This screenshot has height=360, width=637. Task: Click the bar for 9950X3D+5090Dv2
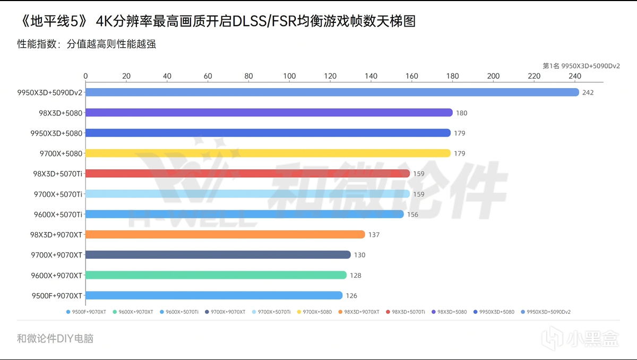pyautogui.click(x=332, y=92)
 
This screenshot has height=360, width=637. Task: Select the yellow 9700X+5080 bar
pyautogui.click(x=268, y=153)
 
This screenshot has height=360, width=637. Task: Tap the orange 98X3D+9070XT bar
pyautogui.click(x=225, y=235)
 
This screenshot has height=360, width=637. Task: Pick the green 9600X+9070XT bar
pyautogui.click(x=216, y=275)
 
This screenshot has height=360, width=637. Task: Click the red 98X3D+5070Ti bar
pyautogui.click(x=247, y=174)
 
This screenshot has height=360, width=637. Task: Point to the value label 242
pyautogui.click(x=588, y=93)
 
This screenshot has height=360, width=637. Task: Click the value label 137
pyautogui.click(x=374, y=235)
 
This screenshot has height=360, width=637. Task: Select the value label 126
pyautogui.click(x=351, y=296)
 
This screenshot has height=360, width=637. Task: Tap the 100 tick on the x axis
pyautogui.click(x=289, y=76)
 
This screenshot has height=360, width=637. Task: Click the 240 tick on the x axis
pyautogui.click(x=575, y=76)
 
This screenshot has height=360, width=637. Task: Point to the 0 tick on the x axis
pyautogui.click(x=85, y=76)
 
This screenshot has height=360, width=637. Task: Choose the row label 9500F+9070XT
pyautogui.click(x=57, y=296)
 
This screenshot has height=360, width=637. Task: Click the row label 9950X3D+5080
pyautogui.click(x=57, y=133)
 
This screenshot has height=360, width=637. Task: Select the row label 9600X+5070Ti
pyautogui.click(x=57, y=215)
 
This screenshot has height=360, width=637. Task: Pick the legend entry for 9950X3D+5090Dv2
pyautogui.click(x=547, y=312)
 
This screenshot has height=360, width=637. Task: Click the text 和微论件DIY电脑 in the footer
pyautogui.click(x=55, y=338)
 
